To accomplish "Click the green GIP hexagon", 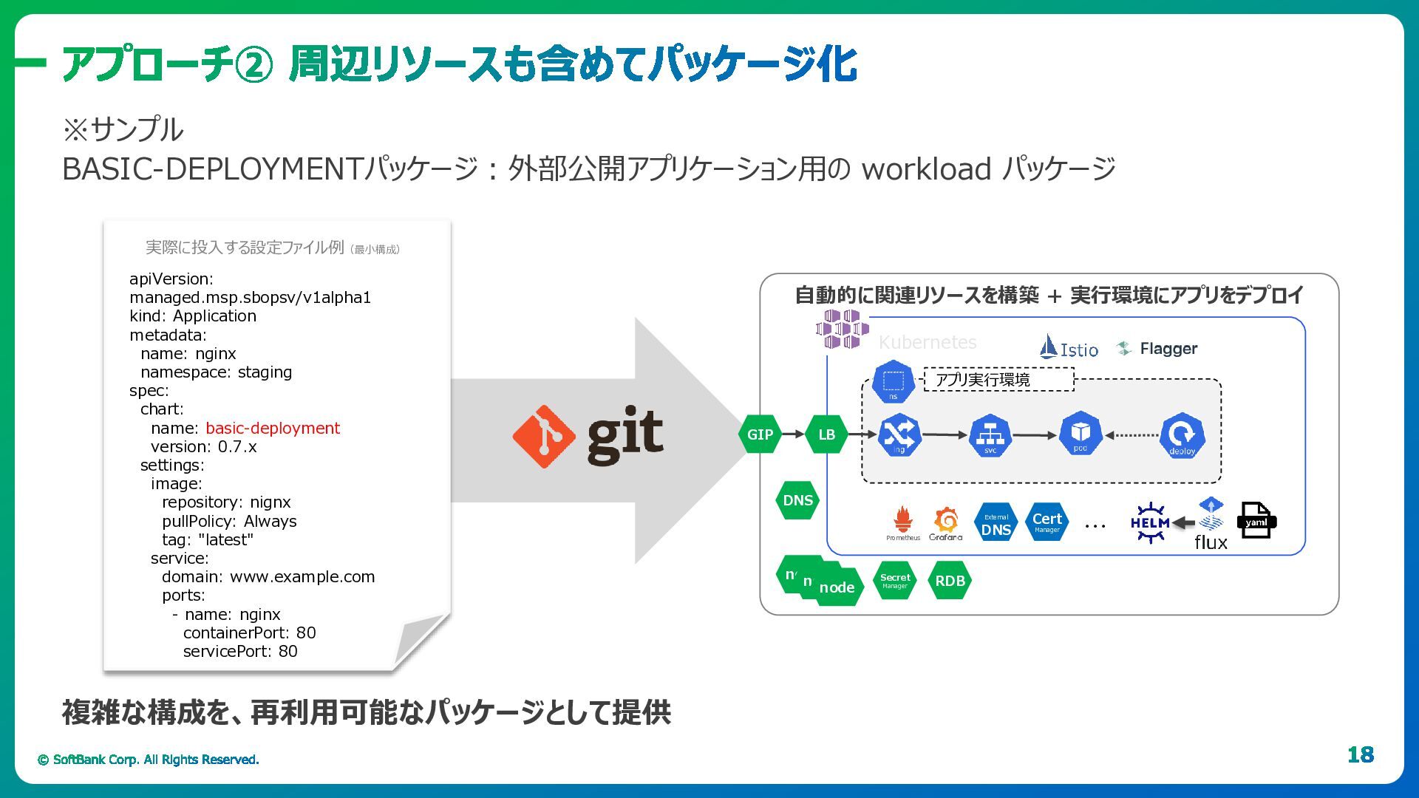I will pos(760,434).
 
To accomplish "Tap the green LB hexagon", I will pos(826,434).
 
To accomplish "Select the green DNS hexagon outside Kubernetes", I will pos(797,500).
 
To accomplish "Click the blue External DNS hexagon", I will pos(996,524).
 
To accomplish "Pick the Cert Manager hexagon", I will pos(1047,522).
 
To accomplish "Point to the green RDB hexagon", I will pos(950,581).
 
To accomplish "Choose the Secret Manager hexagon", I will pos(895,581).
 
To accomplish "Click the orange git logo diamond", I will pos(544,436).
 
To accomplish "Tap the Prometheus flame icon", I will pos(902,519).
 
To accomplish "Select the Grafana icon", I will pos(946,520).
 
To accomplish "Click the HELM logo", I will pos(1150,523).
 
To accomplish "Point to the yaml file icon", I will pos(1256,521).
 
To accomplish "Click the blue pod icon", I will pos(1081,434).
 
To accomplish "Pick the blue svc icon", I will pos(990,435).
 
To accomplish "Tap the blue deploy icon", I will pos(1182,435).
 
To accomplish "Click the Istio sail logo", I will pos(1048,347).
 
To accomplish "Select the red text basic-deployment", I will pos(273,429).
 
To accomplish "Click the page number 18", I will pos(1360,754).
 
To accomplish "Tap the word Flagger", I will pos(1168,349).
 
